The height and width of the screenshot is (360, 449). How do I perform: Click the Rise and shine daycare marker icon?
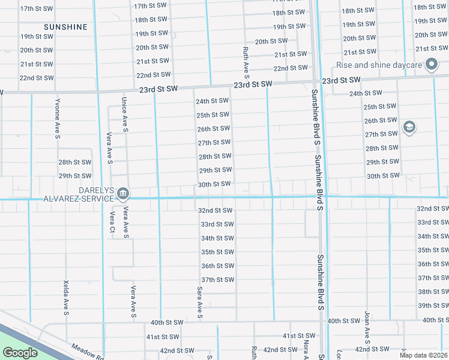coord(431,64)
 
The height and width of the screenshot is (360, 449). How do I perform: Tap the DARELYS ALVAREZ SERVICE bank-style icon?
coord(123,193)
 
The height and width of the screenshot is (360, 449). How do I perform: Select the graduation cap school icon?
coord(409,127)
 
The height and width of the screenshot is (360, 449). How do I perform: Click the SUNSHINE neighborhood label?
coord(65,27)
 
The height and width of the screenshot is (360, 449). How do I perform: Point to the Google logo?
coord(20,353)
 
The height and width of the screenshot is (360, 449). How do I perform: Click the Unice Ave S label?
coord(125,115)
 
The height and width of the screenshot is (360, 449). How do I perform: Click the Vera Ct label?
coord(112,222)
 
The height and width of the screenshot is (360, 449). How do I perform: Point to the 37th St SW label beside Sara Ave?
coord(217,280)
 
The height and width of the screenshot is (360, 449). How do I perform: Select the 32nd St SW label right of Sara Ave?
coord(215,211)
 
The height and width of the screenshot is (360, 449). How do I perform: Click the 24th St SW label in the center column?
coord(212,101)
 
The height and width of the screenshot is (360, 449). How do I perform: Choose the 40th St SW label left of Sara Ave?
coord(166,322)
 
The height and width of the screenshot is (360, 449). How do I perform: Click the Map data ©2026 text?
coord(424,355)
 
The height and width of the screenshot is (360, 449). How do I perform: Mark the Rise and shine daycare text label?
coord(379,65)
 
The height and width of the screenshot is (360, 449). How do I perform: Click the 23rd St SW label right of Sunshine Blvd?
coord(341,80)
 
